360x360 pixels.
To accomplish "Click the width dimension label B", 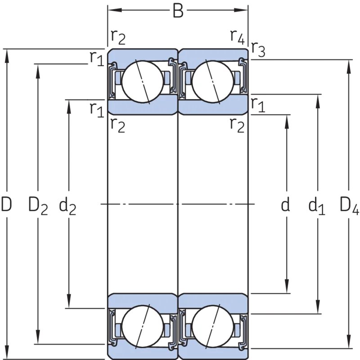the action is [178, 11].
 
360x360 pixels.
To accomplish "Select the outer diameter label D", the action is [6, 204].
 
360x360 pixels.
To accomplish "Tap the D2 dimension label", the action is [38, 205].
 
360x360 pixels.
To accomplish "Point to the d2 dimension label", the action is [67, 205].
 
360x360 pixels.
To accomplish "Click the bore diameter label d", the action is [285, 204].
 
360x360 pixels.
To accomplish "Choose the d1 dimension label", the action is [317, 205].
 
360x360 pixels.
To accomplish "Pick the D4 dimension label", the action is [349, 205].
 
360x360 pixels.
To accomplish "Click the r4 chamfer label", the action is [238, 37].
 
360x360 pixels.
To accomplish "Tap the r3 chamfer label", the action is [258, 50].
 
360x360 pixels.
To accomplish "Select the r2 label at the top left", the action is [118, 37].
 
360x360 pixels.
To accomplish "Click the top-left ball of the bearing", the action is [143, 81].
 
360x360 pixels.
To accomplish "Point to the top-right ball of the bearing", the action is [212, 81].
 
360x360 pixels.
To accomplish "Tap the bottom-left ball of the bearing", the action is [143, 326].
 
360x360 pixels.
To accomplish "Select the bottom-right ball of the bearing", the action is [212, 326].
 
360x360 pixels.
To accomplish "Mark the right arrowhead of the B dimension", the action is [241, 10].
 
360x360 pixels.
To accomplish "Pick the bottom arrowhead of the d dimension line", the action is [287, 286].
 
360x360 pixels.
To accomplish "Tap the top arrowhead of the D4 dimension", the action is [349, 67].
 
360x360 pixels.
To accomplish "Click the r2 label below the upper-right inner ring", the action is [237, 126].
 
